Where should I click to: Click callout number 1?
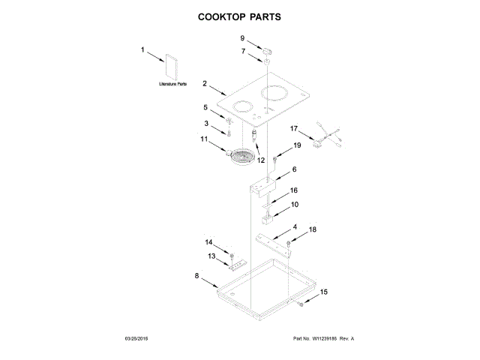[x=142, y=50]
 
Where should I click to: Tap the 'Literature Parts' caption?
[x=172, y=85]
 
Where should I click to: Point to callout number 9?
[x=242, y=37]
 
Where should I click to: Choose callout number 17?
[x=295, y=128]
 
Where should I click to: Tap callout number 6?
[x=295, y=169]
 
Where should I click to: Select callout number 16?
[x=294, y=191]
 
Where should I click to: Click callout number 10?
[x=295, y=204]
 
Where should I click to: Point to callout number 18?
[x=313, y=229]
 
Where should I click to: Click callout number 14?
[x=210, y=241]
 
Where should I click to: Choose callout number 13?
[x=211, y=256]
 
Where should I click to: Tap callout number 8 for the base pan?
[x=197, y=276]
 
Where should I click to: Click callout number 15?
[x=324, y=292]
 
